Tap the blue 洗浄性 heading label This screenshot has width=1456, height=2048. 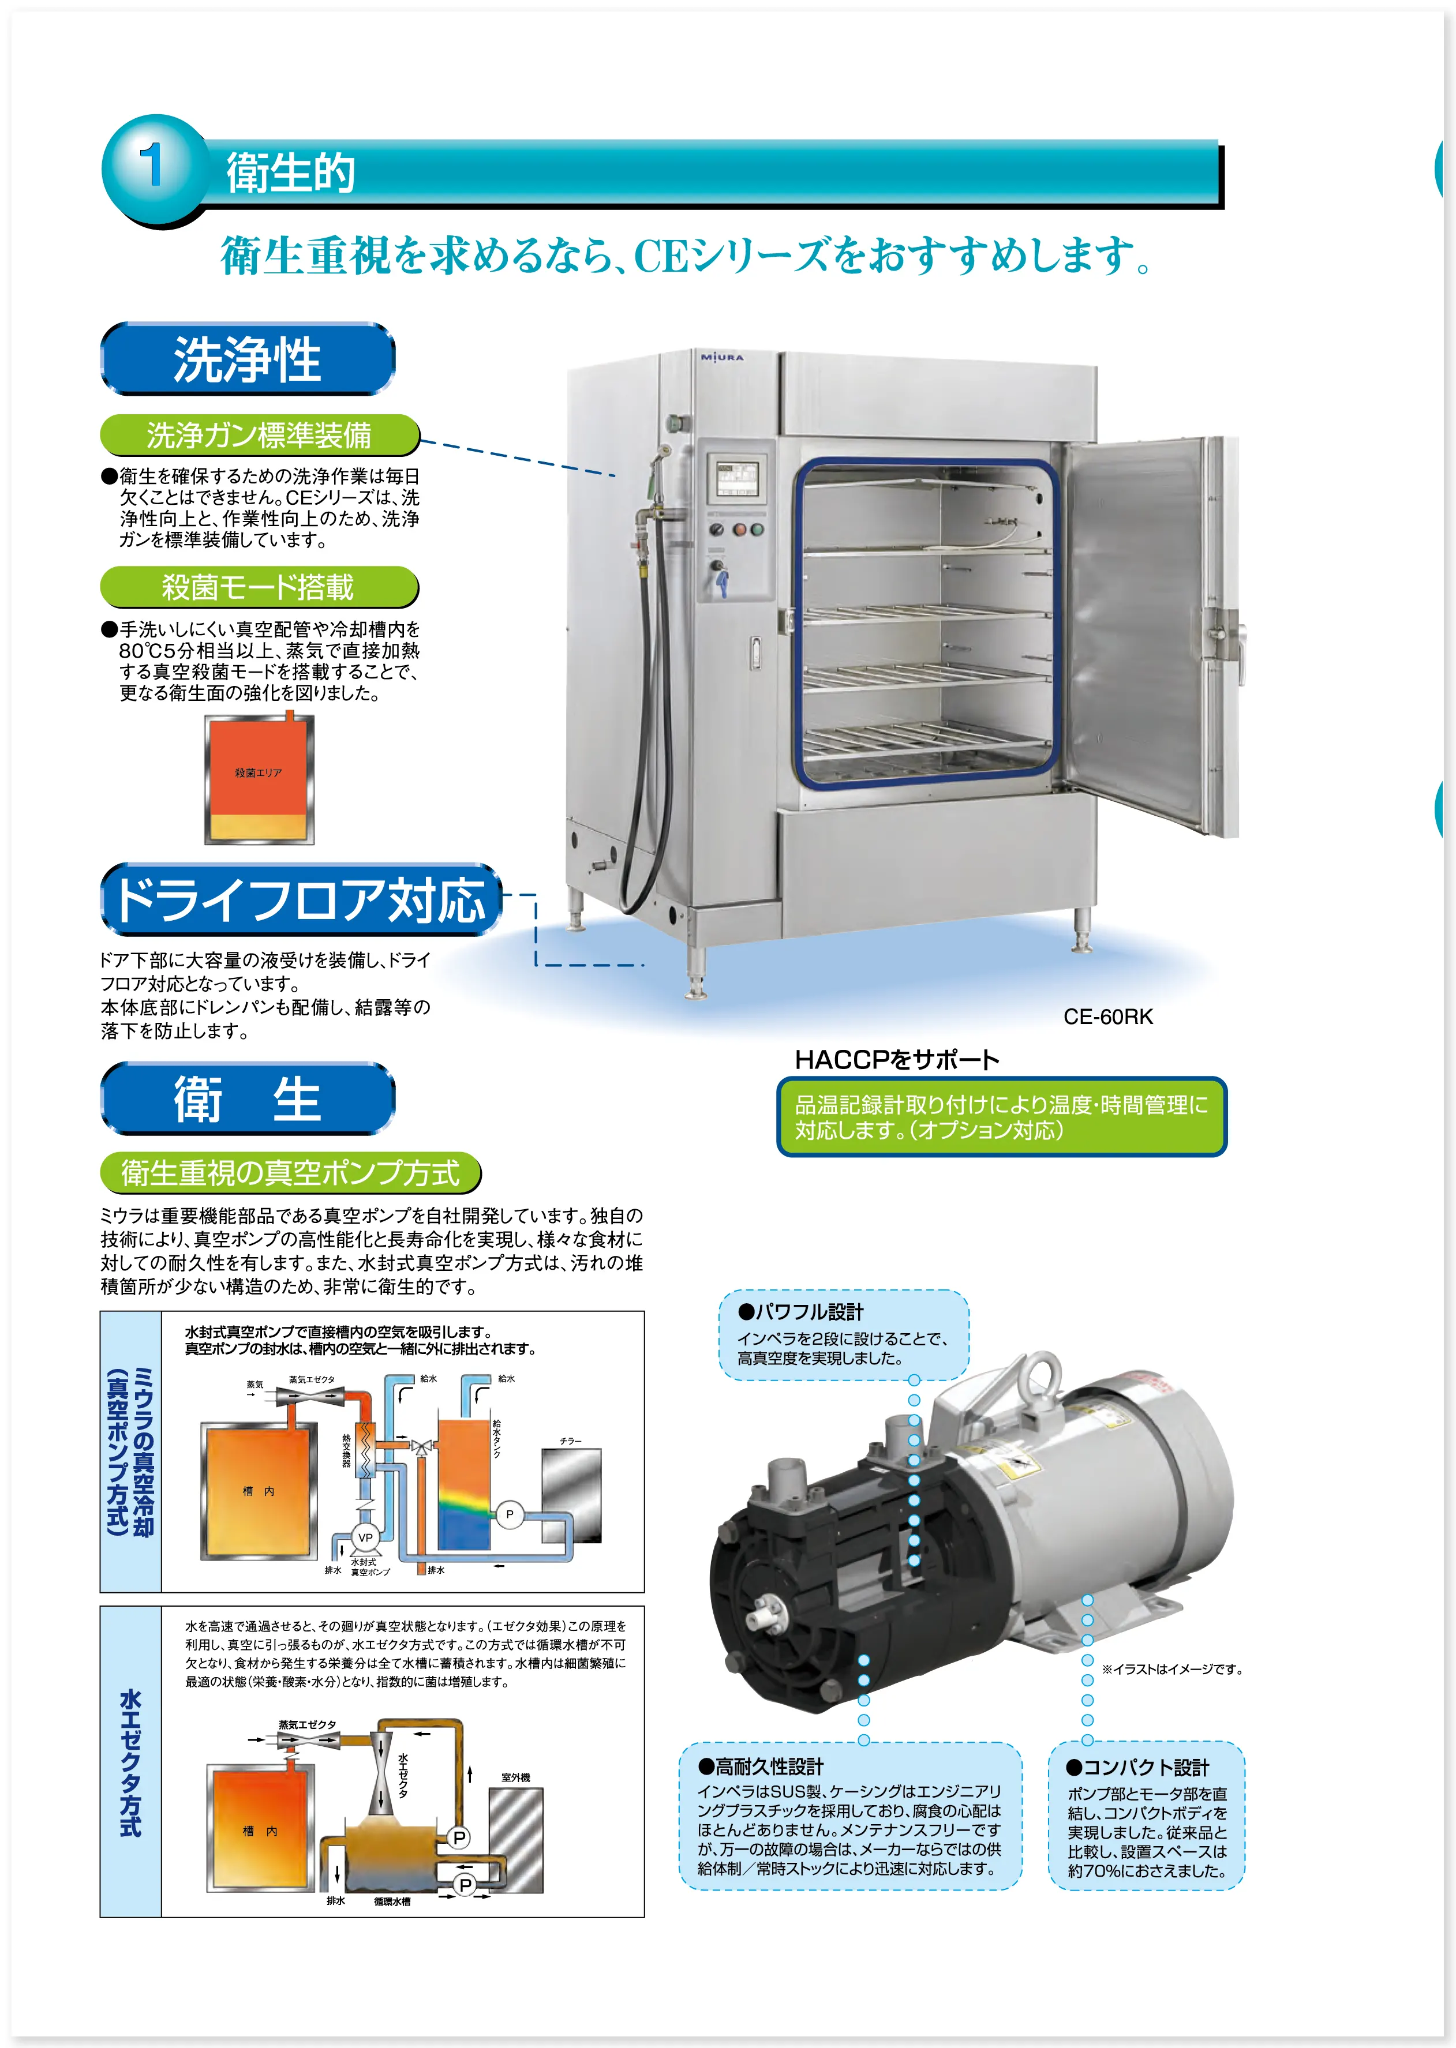click(248, 359)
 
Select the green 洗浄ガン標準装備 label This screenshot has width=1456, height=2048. click(259, 436)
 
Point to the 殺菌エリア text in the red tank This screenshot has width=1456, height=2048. click(258, 772)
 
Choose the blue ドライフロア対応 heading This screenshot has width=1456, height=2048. click(300, 900)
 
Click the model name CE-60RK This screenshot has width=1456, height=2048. click(1108, 1017)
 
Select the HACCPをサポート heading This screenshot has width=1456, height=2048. click(897, 1059)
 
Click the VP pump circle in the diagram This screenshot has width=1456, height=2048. click(365, 1537)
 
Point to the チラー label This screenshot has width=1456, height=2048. click(570, 1441)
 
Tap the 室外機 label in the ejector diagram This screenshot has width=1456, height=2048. click(515, 1777)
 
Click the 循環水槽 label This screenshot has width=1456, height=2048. click(392, 1901)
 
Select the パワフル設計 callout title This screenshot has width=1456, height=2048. click(800, 1312)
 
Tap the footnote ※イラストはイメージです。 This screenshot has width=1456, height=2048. click(1172, 1669)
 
